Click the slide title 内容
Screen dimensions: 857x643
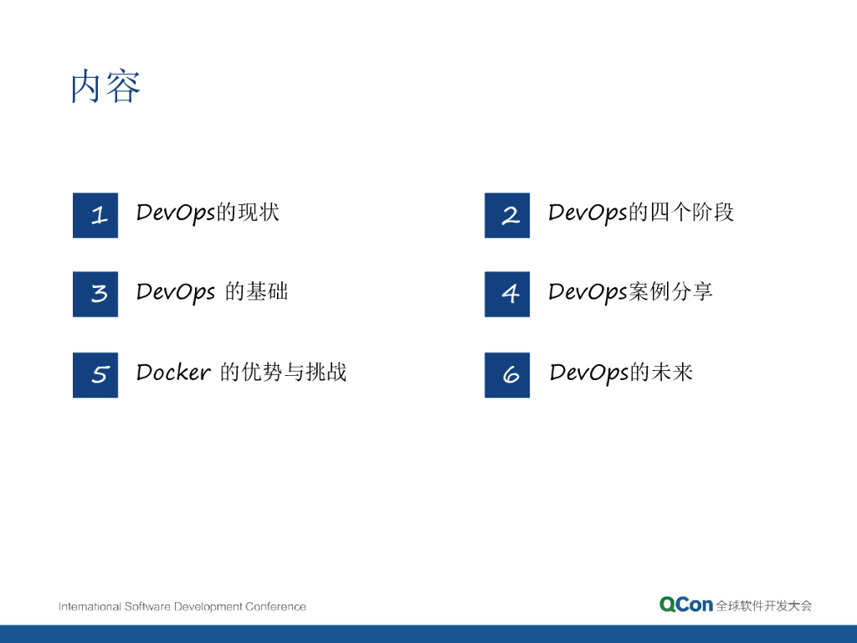pyautogui.click(x=105, y=86)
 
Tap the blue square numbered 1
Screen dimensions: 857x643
pyautogui.click(x=95, y=215)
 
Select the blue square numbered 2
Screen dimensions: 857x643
pyautogui.click(x=507, y=215)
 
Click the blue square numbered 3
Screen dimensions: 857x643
pyautogui.click(x=95, y=294)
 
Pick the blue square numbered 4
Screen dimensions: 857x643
pyautogui.click(x=507, y=294)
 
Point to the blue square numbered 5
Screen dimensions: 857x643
pyautogui.click(x=95, y=375)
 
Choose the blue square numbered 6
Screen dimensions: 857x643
pyautogui.click(x=507, y=375)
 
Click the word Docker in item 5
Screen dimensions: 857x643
pyautogui.click(x=173, y=373)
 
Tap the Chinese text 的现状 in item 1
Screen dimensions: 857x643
pyautogui.click(x=248, y=212)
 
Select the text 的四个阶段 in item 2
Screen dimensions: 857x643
pyautogui.click(x=681, y=212)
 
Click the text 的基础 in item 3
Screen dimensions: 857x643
pyautogui.click(x=256, y=291)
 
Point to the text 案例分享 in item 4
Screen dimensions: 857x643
pyautogui.click(x=670, y=291)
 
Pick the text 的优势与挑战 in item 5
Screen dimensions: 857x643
pyautogui.click(x=283, y=373)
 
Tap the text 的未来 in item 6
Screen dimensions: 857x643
pyautogui.click(x=661, y=373)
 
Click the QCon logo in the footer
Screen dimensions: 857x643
pyautogui.click(x=686, y=604)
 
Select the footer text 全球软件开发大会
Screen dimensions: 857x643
pyautogui.click(x=764, y=606)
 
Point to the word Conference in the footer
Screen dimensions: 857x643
pyautogui.click(x=275, y=606)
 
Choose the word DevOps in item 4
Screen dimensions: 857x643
pyautogui.click(x=588, y=293)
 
